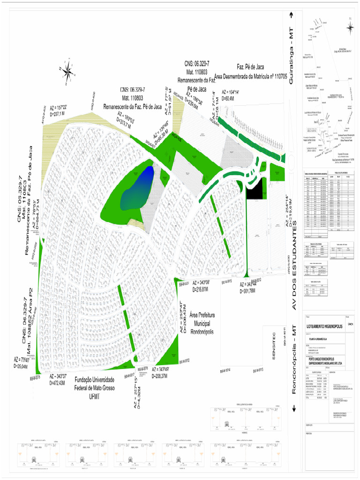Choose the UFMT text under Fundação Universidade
(x=95, y=397)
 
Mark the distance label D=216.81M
(x=202, y=290)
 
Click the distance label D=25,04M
(x=22, y=366)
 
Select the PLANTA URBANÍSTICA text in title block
(x=317, y=338)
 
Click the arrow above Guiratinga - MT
(x=291, y=15)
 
